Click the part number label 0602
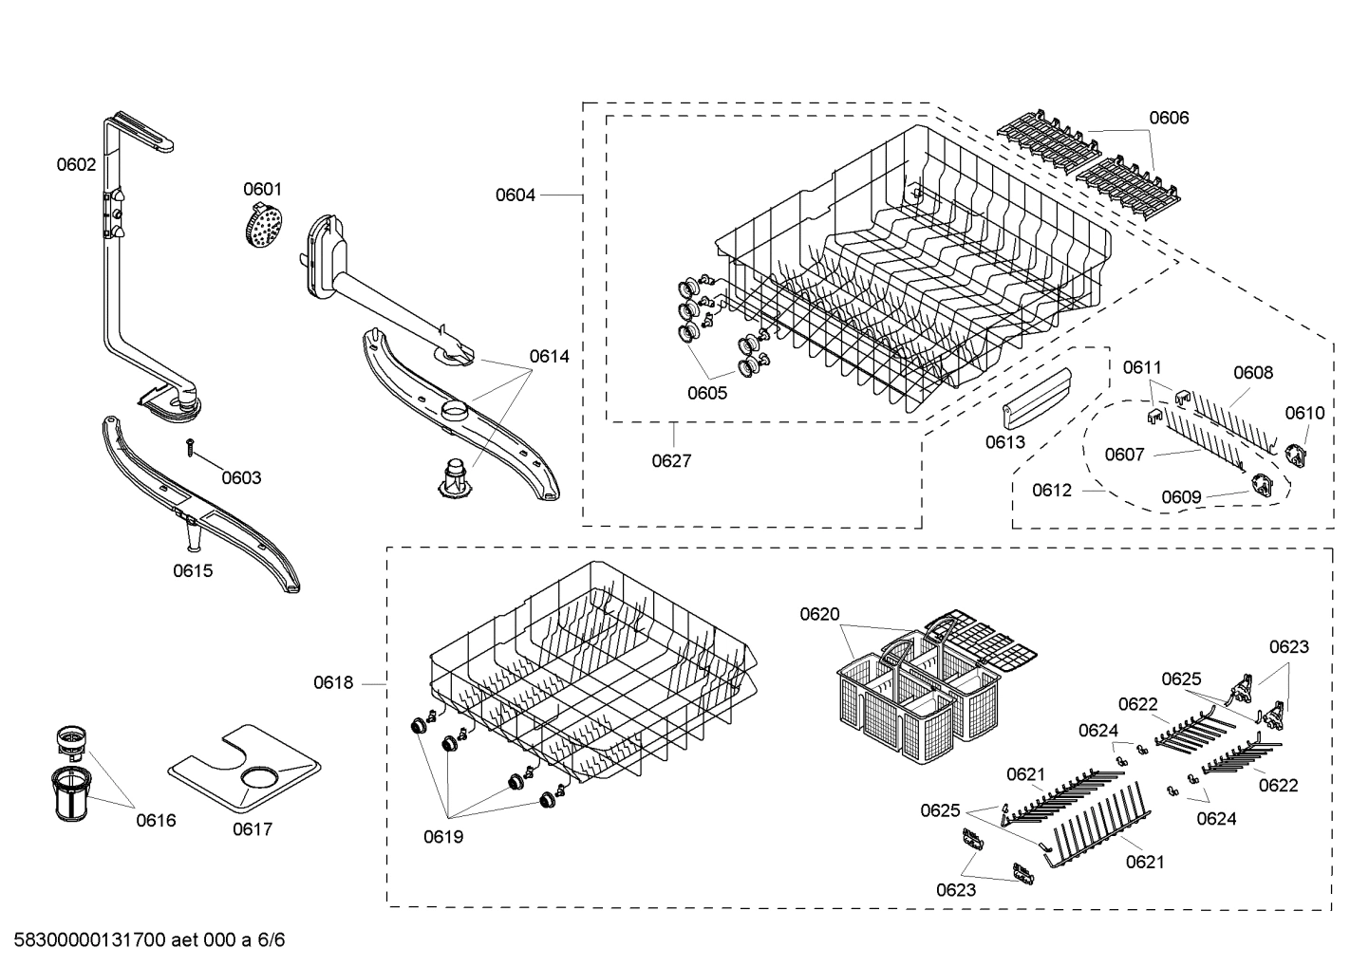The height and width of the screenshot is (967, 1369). tap(76, 164)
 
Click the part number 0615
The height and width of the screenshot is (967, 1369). tap(193, 570)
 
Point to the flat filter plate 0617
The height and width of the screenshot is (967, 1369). tap(243, 770)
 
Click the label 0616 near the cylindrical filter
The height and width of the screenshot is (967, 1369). tap(156, 820)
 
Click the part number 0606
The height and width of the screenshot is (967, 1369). tap(1169, 118)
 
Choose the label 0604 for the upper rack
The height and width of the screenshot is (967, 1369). tap(516, 195)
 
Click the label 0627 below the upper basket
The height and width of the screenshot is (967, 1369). tap(671, 460)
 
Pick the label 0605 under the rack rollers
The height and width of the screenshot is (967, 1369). tap(707, 393)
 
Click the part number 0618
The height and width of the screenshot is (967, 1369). tap(333, 682)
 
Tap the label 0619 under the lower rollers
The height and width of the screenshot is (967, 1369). tap(443, 837)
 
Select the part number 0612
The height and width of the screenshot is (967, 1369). tap(1051, 490)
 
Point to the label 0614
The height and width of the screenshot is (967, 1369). tap(549, 357)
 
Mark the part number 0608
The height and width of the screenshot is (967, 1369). tap(1253, 373)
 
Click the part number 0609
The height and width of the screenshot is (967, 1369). tap(1181, 497)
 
